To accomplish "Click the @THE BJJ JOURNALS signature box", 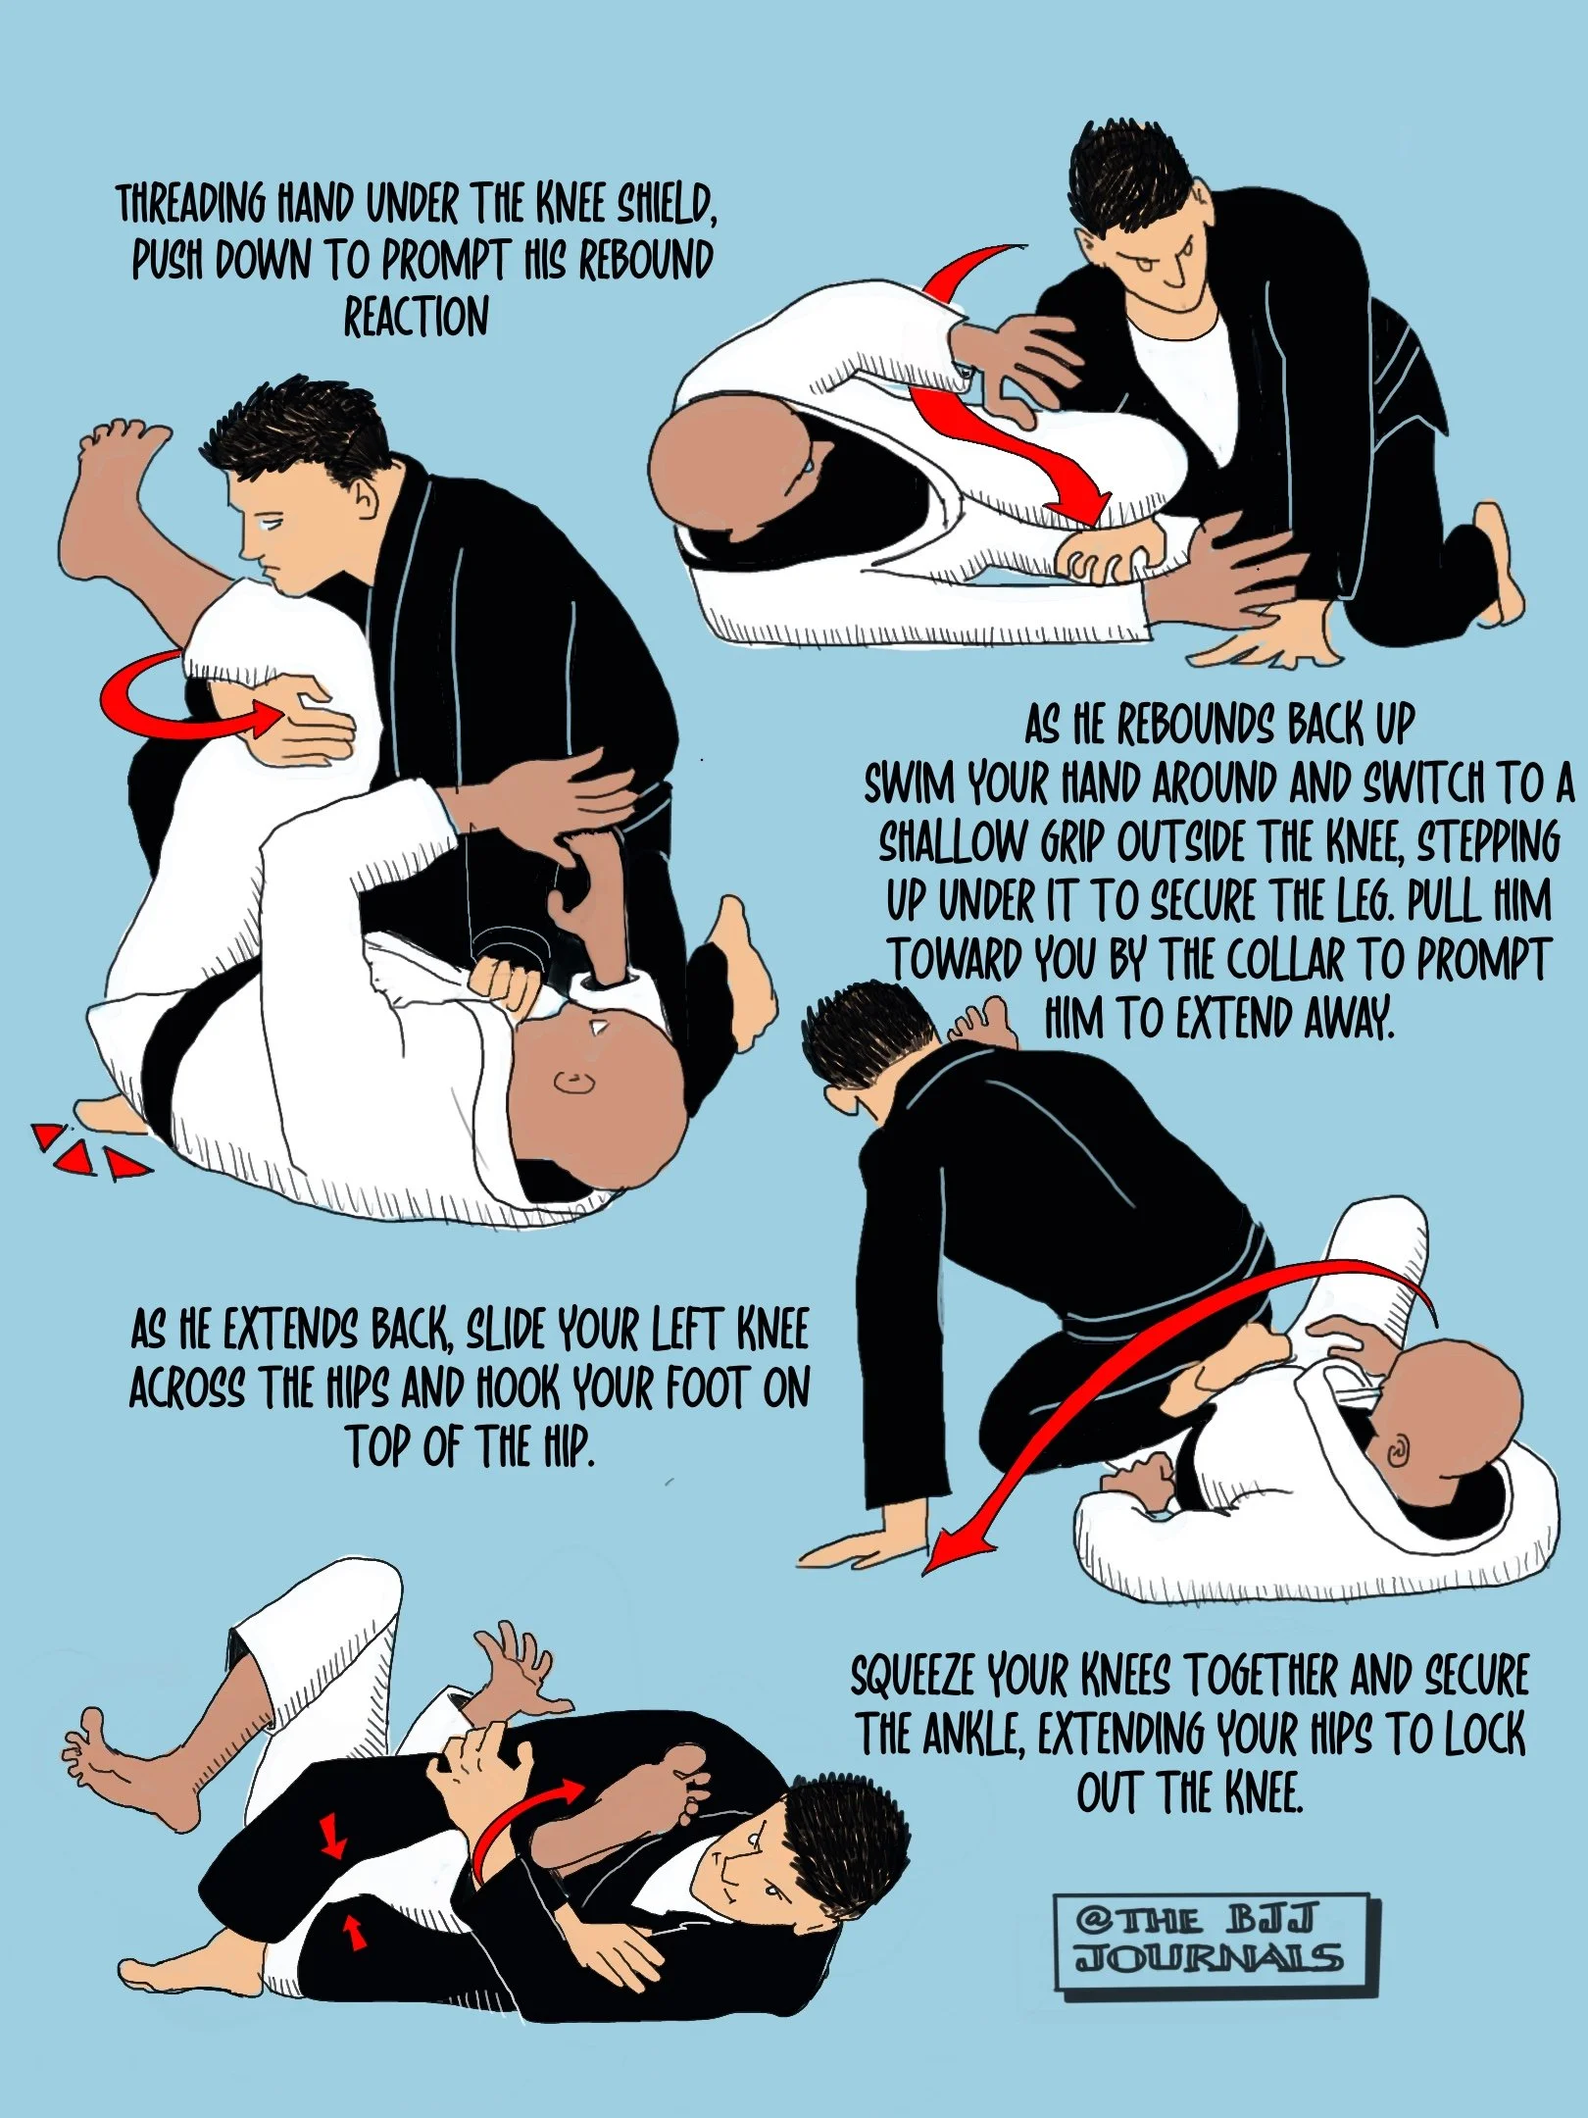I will pos(1216,1943).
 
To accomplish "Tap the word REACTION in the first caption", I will pos(416,318).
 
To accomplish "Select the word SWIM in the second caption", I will pos(911,784).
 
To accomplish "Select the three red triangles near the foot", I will pos(88,1153).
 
